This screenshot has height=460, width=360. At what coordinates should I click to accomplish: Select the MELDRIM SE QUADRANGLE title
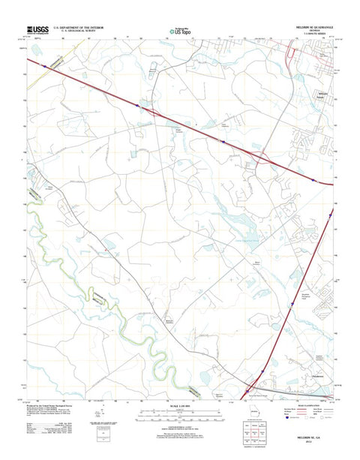click(310, 30)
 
